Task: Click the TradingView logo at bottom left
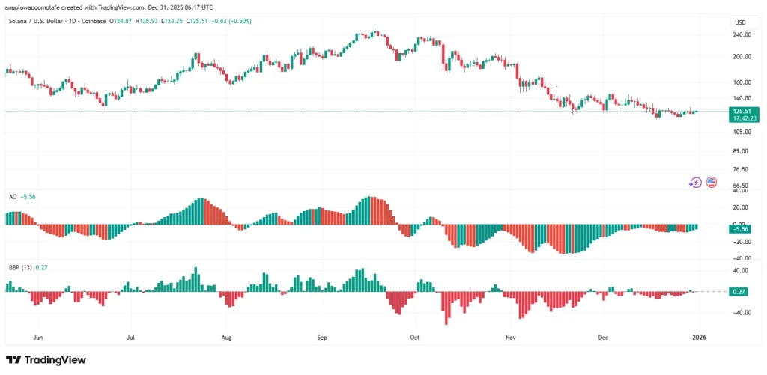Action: coord(46,360)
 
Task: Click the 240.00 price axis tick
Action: coord(742,35)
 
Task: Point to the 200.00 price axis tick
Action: coord(742,57)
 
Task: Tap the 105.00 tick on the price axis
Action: coord(742,132)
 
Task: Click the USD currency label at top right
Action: coord(741,22)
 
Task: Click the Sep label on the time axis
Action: coord(322,338)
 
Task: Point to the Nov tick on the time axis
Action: coord(510,338)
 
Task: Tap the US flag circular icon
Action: coord(711,182)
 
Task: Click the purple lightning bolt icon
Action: coord(695,182)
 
